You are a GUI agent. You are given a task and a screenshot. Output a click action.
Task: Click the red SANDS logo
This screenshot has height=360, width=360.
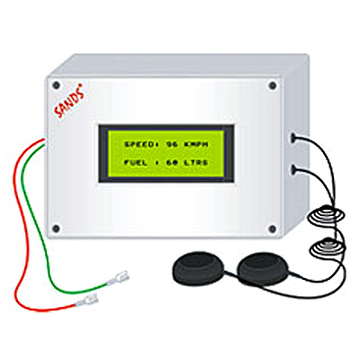coord(68,100)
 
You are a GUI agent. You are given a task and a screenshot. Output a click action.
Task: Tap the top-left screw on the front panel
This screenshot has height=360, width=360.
coord(56,85)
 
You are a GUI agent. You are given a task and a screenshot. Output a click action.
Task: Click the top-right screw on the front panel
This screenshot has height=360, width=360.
coord(273,85)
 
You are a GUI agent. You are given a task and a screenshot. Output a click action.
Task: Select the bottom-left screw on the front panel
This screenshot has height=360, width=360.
coord(56,229)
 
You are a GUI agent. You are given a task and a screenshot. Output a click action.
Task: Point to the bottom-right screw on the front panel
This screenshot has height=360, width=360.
coord(273,229)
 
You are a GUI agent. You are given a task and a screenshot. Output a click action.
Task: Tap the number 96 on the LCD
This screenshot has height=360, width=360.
coord(172,144)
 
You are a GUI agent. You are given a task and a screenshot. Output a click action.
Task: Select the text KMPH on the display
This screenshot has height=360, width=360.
coord(196,144)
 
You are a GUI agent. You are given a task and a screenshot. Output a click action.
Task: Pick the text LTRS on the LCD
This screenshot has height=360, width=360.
coord(196,163)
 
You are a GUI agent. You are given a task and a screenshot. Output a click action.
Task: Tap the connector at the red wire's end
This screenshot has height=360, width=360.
coord(88,301)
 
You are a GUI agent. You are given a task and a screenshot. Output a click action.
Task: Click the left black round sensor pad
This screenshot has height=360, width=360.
coord(198,268)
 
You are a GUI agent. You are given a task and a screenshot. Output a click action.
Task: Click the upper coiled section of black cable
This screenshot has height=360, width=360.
coord(327,214)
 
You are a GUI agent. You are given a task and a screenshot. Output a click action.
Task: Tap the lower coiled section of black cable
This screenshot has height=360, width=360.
coord(328,247)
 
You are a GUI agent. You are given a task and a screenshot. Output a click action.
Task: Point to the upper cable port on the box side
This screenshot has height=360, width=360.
coord(293,137)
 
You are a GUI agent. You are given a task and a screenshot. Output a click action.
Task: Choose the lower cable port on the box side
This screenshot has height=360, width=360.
coord(293,169)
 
